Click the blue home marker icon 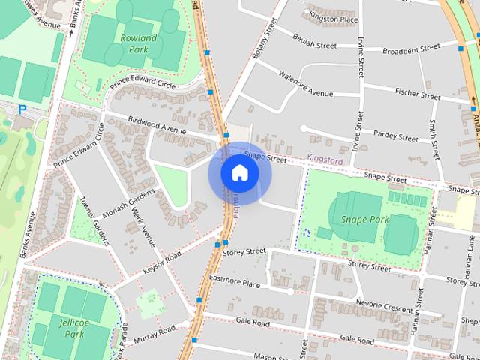tap(239, 173)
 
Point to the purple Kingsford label tap(325, 159)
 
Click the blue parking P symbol tap(22, 109)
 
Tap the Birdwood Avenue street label tap(157, 124)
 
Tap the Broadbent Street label tap(410, 49)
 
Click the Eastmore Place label tap(235, 283)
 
